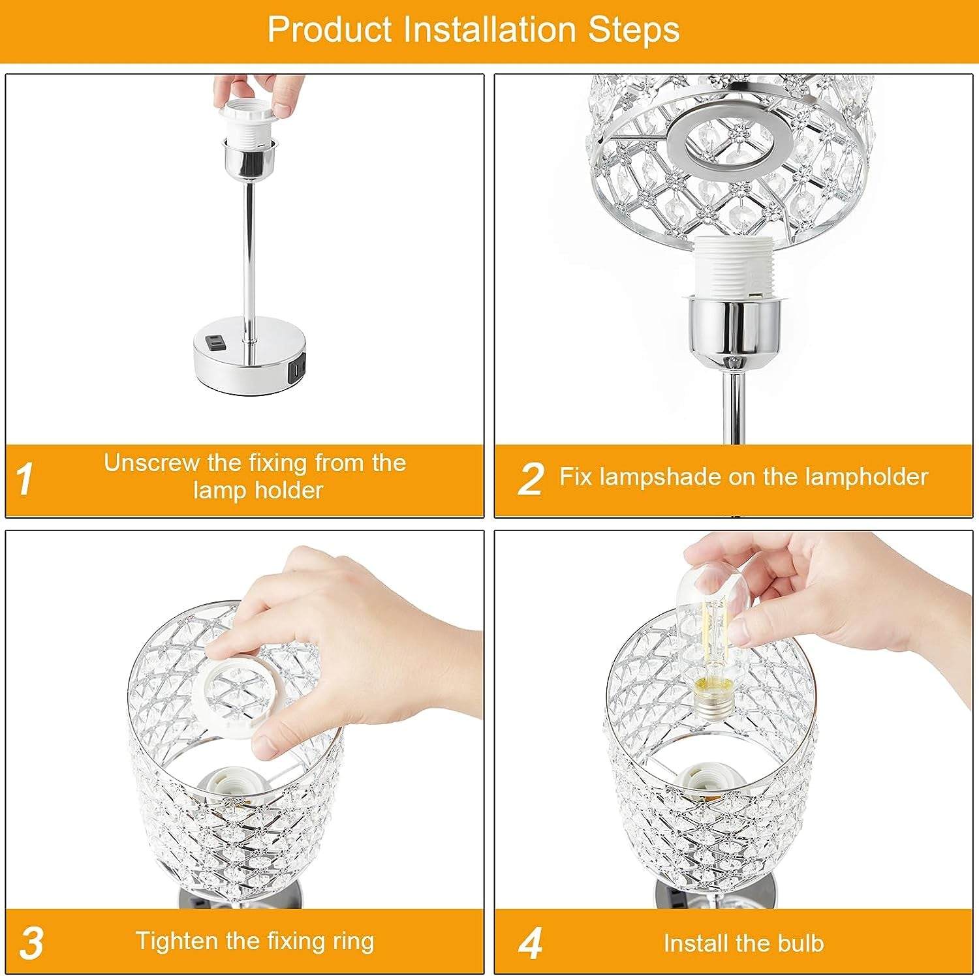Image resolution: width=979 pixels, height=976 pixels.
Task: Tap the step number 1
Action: (25, 480)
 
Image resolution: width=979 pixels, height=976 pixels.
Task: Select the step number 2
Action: (531, 480)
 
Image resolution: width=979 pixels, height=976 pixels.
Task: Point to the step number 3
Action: (31, 943)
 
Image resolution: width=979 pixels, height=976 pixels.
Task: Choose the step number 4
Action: (531, 943)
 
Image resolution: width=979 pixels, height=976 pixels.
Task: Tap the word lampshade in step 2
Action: (660, 478)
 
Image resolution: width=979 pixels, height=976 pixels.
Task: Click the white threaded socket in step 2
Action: (735, 269)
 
